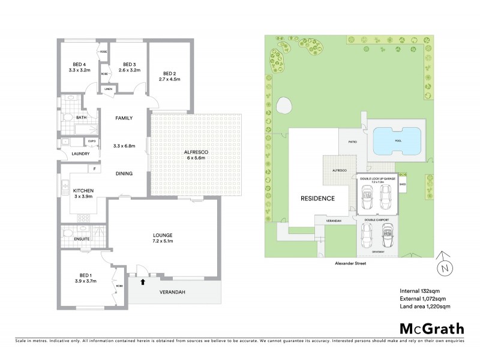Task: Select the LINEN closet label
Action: point(108,89)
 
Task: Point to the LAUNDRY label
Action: point(80,154)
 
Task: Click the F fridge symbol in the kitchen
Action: point(95,169)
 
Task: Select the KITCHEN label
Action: point(83,190)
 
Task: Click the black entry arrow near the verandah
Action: point(142,280)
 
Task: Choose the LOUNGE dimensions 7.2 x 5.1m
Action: point(163,241)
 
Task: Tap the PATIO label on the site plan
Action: point(353,142)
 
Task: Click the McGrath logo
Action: point(431,328)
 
